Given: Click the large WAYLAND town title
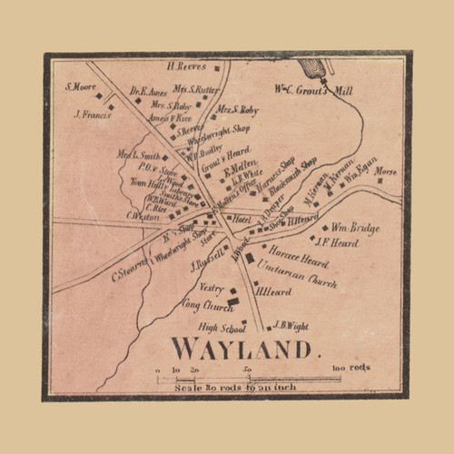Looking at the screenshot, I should click(241, 348).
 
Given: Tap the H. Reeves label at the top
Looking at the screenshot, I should click(186, 65).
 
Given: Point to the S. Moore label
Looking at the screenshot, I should click(80, 87).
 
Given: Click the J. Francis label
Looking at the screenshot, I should click(91, 114).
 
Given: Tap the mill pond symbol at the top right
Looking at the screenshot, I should click(311, 68).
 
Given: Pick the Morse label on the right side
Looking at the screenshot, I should click(386, 170).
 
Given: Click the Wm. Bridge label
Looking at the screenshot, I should click(355, 228).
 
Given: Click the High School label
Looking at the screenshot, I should click(216, 327).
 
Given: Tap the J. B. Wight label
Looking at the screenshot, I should click(291, 327).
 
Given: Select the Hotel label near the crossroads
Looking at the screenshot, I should click(242, 219).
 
